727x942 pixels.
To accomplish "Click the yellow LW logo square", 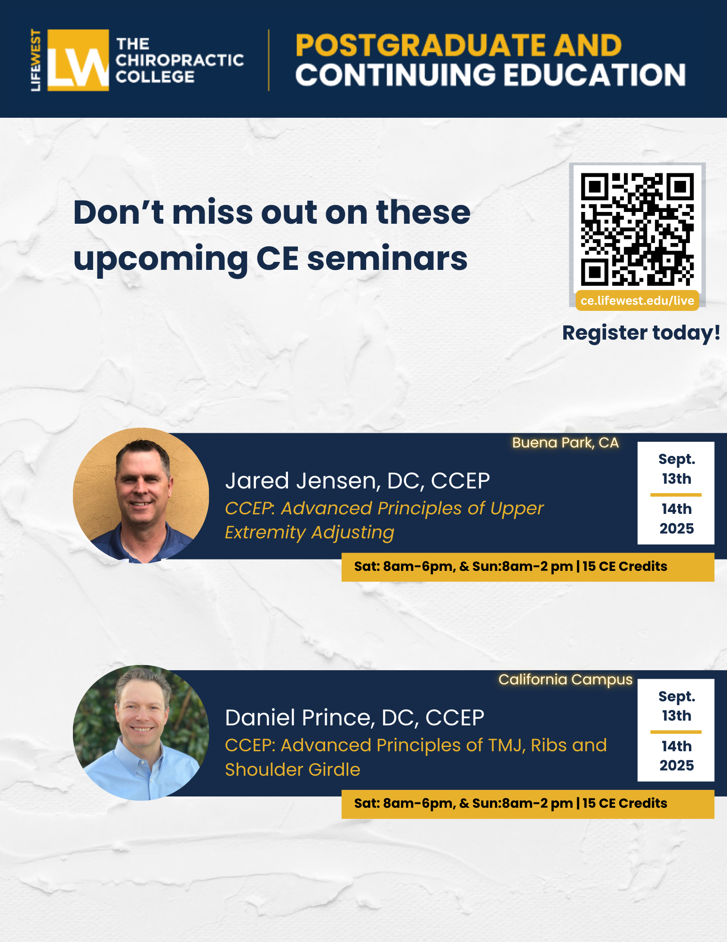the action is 78,60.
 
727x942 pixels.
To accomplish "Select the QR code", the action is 637,229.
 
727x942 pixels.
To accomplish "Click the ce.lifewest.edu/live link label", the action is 637,300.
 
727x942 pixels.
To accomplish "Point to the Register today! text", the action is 641,333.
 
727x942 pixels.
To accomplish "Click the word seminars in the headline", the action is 387,259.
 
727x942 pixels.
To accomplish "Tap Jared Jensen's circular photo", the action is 141,495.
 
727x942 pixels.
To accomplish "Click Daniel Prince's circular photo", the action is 141,733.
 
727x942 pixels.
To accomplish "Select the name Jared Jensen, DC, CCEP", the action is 357,481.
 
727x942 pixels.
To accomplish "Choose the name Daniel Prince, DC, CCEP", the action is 354,718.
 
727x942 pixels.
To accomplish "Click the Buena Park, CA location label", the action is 565,443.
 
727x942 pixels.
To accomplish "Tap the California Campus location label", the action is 565,680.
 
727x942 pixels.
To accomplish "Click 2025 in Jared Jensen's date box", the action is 677,528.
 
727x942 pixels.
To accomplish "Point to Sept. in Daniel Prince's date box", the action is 677,696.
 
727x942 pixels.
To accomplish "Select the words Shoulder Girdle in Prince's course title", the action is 292,770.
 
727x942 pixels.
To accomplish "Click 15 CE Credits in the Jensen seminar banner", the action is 625,566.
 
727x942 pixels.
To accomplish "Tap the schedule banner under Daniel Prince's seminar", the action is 528,804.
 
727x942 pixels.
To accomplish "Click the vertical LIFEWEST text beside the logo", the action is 36,60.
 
